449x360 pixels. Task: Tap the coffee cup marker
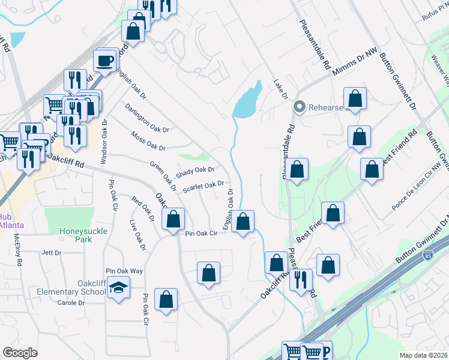[x=106, y=61]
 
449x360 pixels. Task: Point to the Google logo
[x=20, y=352]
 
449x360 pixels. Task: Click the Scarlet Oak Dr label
[x=203, y=187]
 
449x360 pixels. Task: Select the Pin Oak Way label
[x=124, y=271]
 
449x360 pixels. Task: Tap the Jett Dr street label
[x=52, y=253]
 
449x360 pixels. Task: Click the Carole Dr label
[x=71, y=303]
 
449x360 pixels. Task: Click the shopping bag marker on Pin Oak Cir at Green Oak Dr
[x=173, y=220]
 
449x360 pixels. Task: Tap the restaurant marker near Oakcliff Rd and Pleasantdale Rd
[x=301, y=280]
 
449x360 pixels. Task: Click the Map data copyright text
[x=423, y=354]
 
